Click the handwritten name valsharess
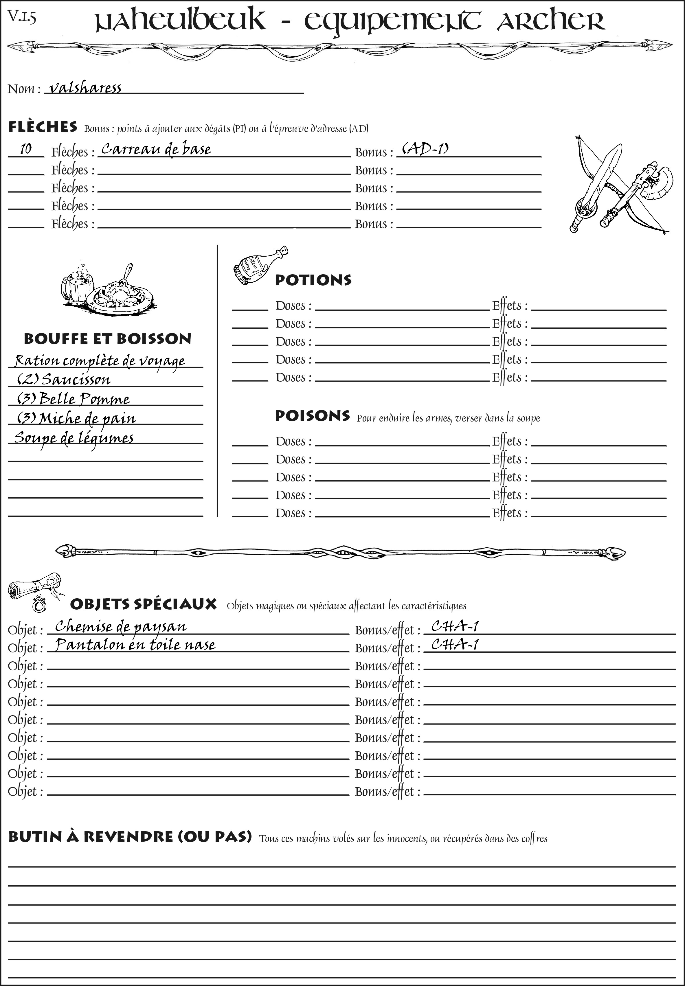tap(85, 88)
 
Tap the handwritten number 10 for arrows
tap(26, 149)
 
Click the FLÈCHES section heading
tap(43, 127)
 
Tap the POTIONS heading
tap(313, 280)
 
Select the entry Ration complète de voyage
tap(100, 361)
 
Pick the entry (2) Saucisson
tap(63, 380)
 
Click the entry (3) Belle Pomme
tap(73, 399)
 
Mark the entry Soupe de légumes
tap(74, 438)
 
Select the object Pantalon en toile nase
tap(135, 645)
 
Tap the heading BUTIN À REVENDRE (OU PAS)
tap(130, 837)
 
